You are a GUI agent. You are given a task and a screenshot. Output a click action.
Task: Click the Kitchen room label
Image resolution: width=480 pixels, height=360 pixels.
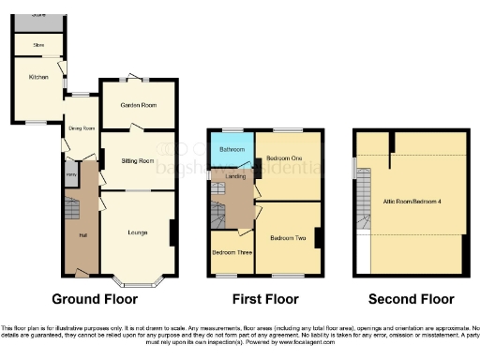coord(37,77)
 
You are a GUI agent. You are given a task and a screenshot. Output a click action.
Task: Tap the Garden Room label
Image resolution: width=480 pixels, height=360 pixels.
coord(137,105)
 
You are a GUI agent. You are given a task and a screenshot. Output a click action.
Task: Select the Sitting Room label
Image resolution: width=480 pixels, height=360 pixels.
coord(137,161)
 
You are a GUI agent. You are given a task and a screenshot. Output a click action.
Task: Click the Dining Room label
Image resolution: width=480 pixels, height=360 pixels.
coord(81,128)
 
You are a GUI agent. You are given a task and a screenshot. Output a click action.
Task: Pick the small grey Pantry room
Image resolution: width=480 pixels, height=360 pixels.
coord(71,173)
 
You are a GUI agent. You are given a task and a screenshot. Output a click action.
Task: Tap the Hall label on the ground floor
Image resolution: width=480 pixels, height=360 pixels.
coord(82,234)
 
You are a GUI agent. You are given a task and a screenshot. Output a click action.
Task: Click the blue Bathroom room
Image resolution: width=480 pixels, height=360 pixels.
coord(232,149)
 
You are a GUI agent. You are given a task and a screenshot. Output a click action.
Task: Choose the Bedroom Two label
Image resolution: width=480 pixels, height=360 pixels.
coord(287,239)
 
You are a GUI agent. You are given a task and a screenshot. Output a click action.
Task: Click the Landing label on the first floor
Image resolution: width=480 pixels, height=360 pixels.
coord(236,177)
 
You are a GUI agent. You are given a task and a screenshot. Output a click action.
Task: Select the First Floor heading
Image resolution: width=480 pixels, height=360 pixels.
coord(266,299)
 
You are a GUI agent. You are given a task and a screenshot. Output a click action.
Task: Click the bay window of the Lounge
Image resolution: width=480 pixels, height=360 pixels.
coord(136,280)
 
